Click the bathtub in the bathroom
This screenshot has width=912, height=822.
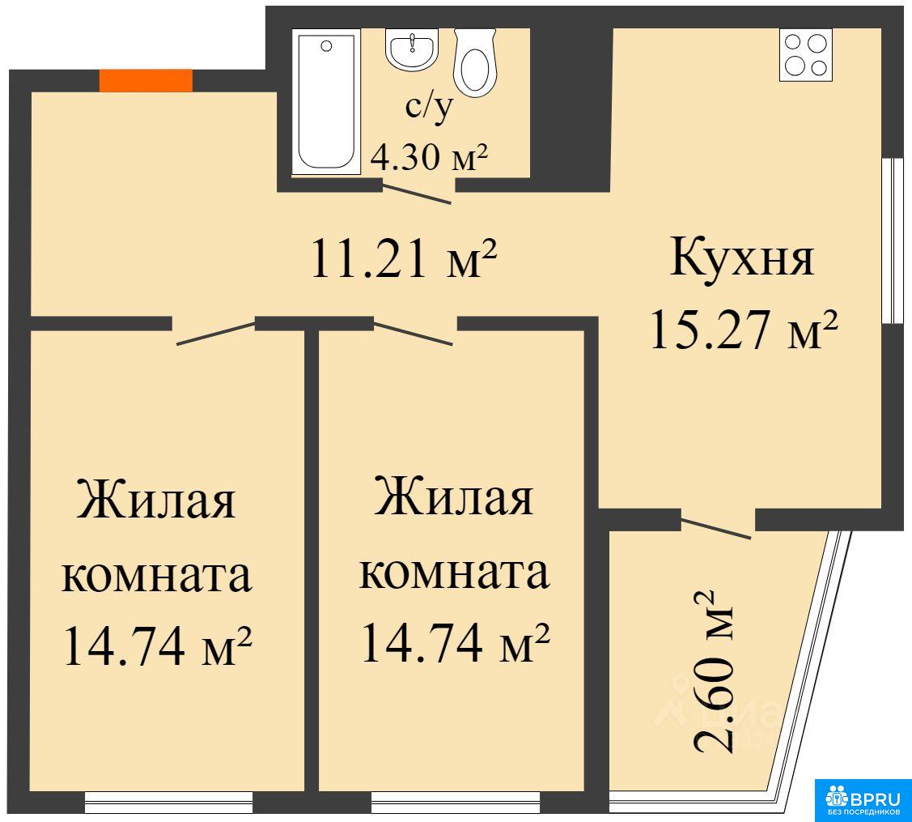click(x=326, y=103)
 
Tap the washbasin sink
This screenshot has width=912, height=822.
click(x=412, y=49)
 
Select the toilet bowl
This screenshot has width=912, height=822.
click(x=475, y=62)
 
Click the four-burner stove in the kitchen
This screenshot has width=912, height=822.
click(x=805, y=55)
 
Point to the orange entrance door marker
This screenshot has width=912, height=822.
click(x=146, y=80)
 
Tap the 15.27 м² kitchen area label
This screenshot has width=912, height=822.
click(x=744, y=330)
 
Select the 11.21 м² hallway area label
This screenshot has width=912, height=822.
click(x=404, y=258)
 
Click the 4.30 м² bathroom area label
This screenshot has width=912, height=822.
click(x=429, y=156)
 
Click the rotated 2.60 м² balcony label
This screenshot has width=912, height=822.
click(x=713, y=672)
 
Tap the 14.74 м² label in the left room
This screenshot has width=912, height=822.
click(x=157, y=645)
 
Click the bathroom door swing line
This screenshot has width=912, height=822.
click(x=417, y=194)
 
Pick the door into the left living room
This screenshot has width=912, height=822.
click(x=216, y=332)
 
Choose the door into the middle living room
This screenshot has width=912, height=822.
click(x=413, y=332)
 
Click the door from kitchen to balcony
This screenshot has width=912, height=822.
click(x=716, y=527)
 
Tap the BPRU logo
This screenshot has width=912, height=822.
click(x=863, y=800)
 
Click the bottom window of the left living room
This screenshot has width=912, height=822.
click(x=168, y=803)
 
